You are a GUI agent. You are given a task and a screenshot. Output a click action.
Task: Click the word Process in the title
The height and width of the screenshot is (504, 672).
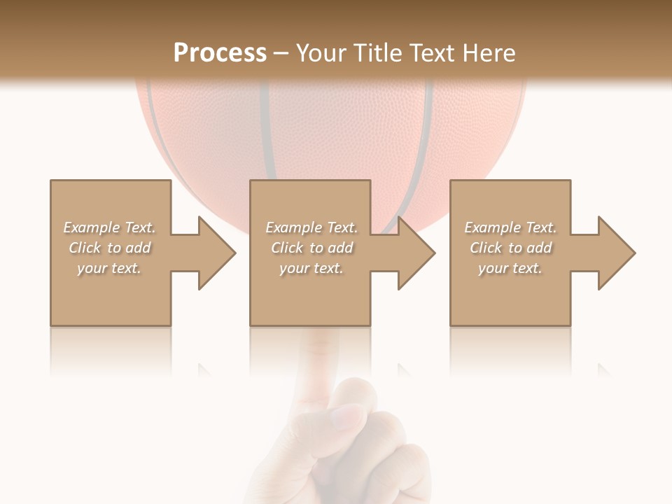click(220, 53)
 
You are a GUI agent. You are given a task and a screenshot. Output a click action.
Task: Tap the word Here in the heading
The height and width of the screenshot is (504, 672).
click(489, 53)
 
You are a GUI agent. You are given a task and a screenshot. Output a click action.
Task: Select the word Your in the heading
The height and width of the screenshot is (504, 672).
click(323, 53)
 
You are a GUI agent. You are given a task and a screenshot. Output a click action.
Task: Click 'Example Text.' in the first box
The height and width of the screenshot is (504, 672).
click(109, 227)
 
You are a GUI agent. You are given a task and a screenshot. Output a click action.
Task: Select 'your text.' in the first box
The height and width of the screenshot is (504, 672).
click(109, 268)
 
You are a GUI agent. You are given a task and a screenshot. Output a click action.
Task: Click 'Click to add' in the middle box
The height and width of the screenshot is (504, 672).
click(311, 248)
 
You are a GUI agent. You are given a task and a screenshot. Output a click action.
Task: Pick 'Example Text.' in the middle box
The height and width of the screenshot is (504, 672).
click(311, 227)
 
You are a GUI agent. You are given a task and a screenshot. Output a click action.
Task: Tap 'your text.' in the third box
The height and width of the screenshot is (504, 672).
click(510, 268)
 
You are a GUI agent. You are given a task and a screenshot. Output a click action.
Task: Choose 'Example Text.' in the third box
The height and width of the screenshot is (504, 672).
click(510, 227)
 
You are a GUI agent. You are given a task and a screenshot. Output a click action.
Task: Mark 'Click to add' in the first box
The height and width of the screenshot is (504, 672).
click(109, 248)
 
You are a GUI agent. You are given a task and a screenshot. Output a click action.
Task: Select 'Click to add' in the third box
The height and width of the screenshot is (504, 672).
click(510, 248)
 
